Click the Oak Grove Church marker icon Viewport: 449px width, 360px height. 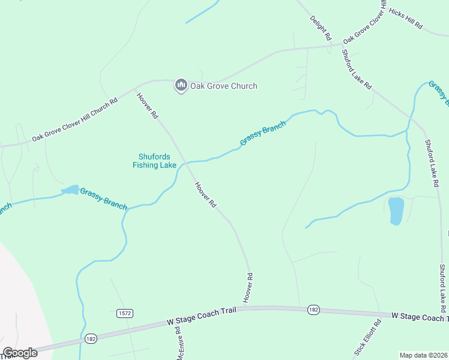click(181, 86)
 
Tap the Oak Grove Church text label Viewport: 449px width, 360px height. click(223, 86)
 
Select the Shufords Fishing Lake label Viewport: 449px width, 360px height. click(154, 161)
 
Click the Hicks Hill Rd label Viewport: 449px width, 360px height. click(406, 19)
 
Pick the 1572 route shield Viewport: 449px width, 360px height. click(124, 313)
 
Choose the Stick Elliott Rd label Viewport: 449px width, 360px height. click(368, 338)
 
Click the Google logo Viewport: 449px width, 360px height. click(20, 353)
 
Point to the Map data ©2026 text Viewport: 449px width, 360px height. click(423, 355)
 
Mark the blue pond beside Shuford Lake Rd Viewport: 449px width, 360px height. click(396, 211)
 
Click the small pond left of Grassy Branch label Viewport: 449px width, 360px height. click(70, 190)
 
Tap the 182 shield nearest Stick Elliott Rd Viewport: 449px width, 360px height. click(313, 310)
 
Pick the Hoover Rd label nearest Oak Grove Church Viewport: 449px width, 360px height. click(146, 105)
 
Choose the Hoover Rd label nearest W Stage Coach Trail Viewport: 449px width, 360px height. click(247, 287)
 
